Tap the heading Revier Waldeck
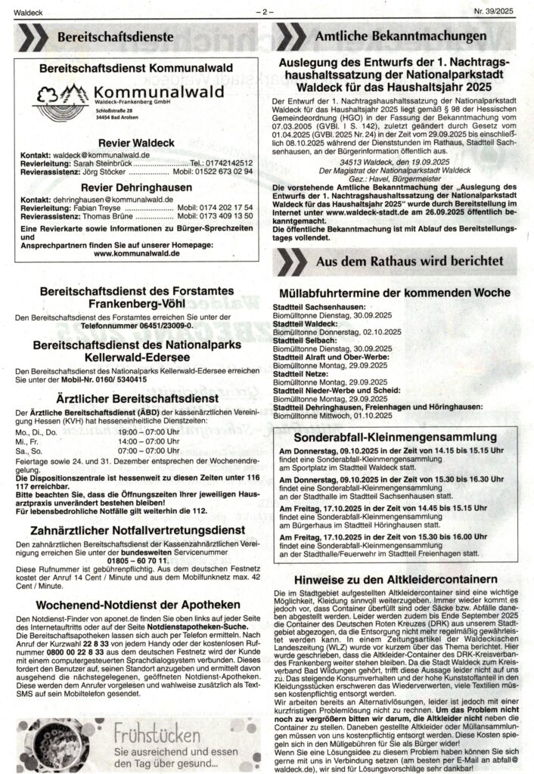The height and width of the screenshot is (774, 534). point(136,143)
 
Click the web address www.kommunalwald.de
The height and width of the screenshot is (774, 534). point(136,255)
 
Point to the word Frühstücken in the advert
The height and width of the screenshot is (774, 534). point(159,732)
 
